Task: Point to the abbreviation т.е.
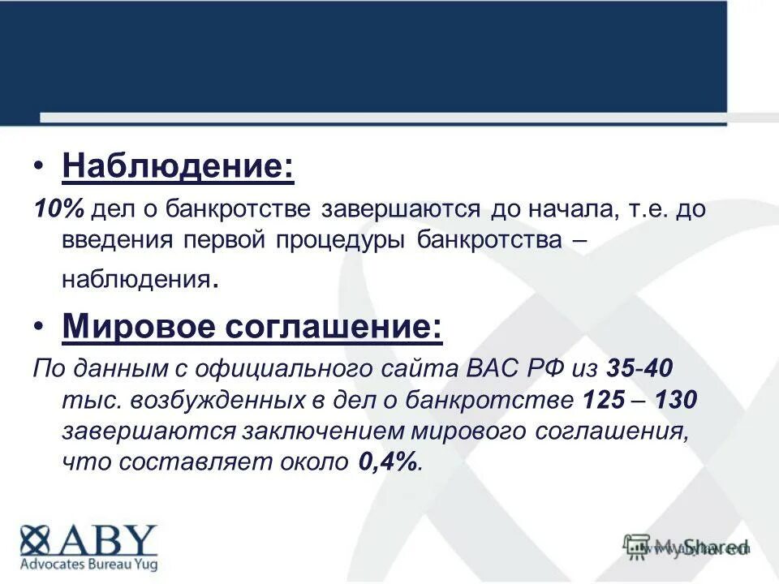(x=647, y=210)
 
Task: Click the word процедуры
(x=346, y=241)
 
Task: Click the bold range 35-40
(x=638, y=369)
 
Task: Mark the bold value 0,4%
(x=388, y=462)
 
